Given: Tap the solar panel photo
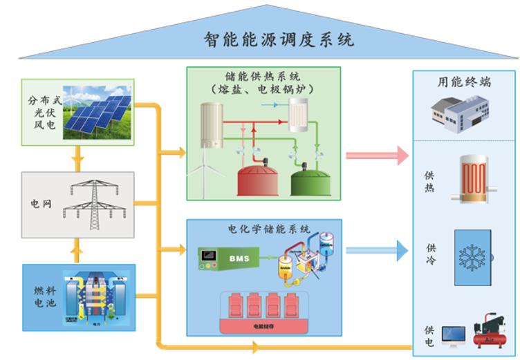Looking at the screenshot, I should click(97, 111).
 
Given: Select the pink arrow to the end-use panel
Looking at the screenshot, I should click(377, 155).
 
